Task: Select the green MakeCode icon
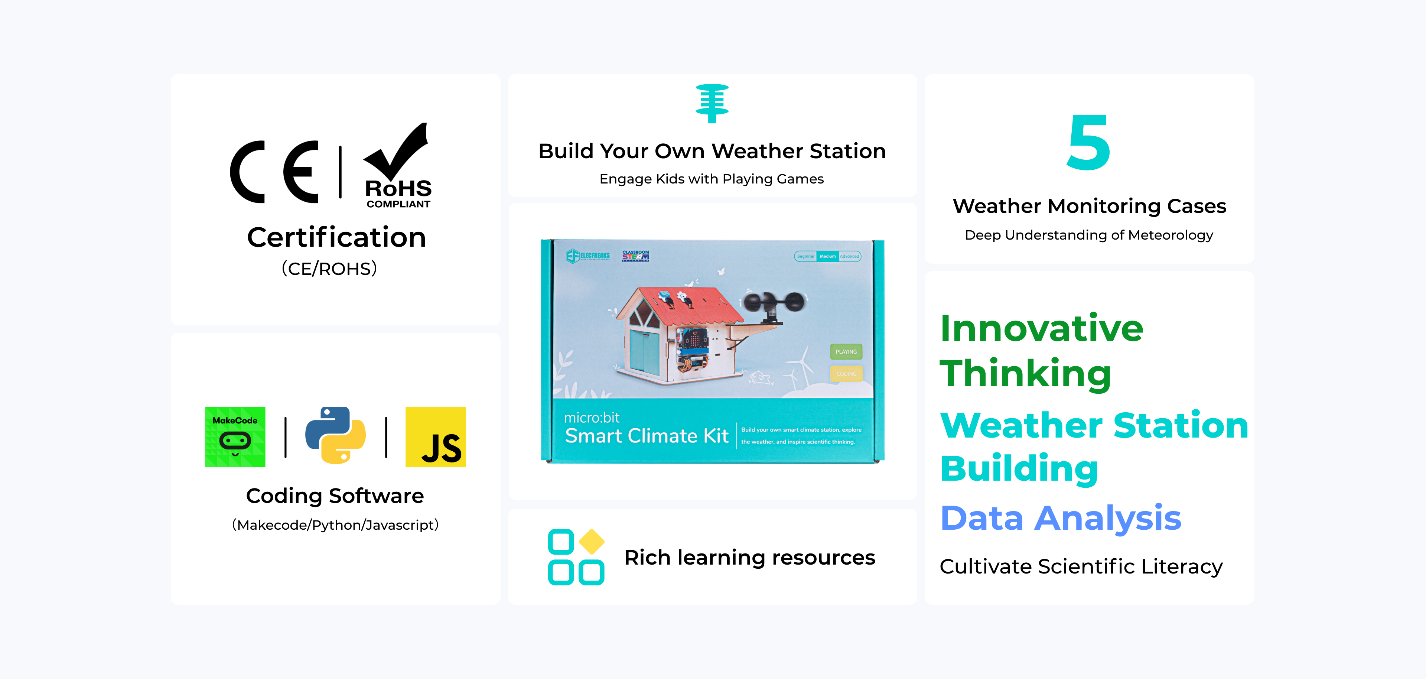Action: click(235, 437)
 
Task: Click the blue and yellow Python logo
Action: click(335, 435)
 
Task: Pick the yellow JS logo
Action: click(436, 437)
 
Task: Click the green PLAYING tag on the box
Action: click(846, 352)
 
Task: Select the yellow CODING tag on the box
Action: click(846, 374)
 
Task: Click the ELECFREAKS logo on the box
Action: click(587, 256)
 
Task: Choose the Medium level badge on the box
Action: click(828, 256)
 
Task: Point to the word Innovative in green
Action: click(1042, 328)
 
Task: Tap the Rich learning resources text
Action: click(749, 558)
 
